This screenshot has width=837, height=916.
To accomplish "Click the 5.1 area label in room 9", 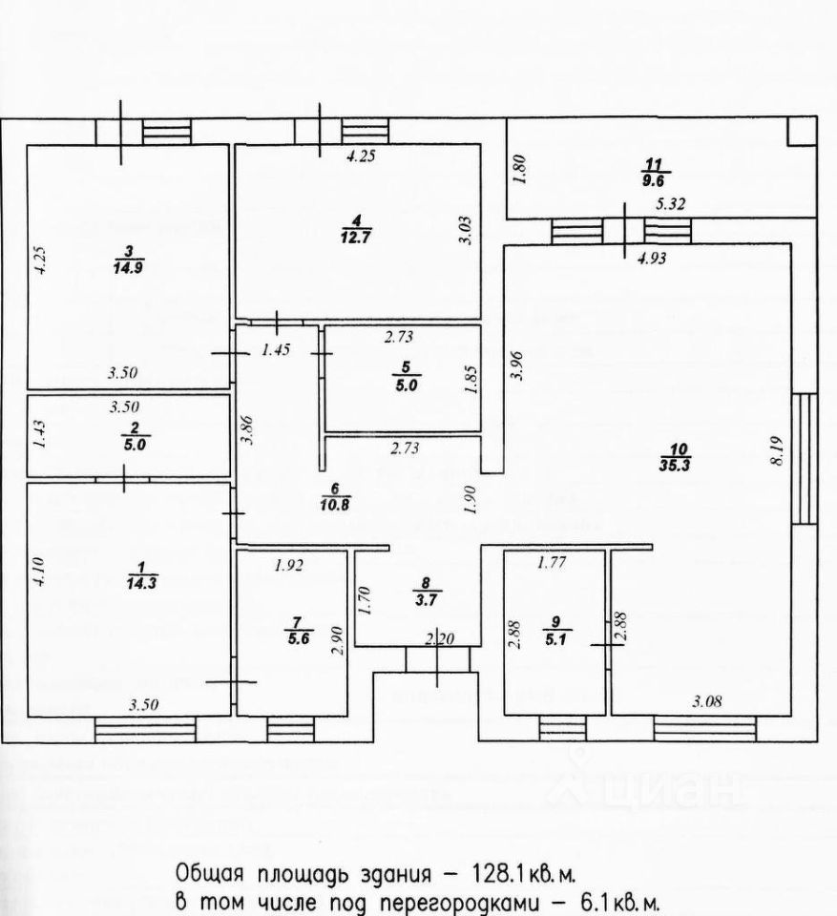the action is (554, 639).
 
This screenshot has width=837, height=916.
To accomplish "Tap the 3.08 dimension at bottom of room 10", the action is (707, 701).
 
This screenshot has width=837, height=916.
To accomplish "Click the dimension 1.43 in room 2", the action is (39, 435).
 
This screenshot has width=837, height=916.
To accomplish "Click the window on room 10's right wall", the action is (804, 458).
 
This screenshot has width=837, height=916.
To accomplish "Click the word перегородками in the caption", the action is (420, 902).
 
